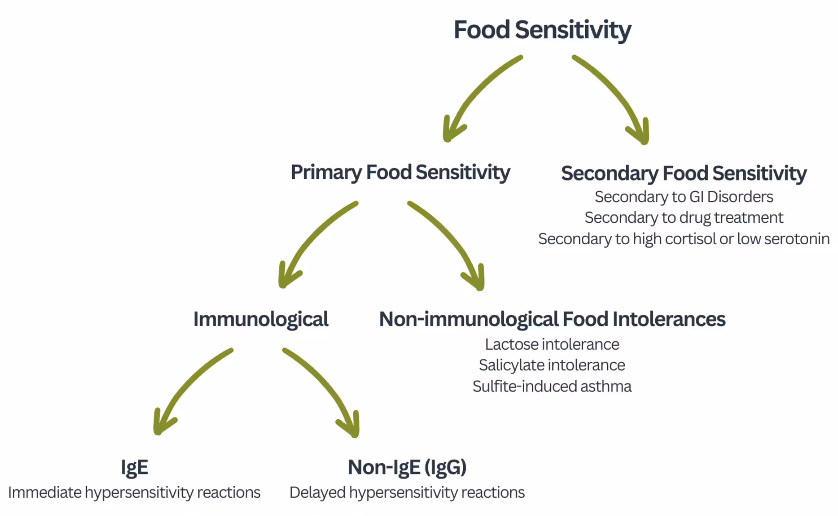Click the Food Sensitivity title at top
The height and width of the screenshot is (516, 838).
542,30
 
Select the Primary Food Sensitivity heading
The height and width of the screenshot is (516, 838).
400,172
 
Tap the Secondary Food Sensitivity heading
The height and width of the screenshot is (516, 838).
683,173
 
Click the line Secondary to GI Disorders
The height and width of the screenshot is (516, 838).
683,197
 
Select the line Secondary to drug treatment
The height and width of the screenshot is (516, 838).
683,218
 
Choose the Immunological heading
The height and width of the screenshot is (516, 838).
261,319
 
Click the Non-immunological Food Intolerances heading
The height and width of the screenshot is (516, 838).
552,319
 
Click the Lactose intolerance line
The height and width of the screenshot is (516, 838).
552,345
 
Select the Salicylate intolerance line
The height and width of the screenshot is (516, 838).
552,365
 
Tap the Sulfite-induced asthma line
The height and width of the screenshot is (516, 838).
552,386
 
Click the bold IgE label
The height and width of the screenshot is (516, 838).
134,467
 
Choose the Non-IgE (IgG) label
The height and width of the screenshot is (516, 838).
407,467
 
